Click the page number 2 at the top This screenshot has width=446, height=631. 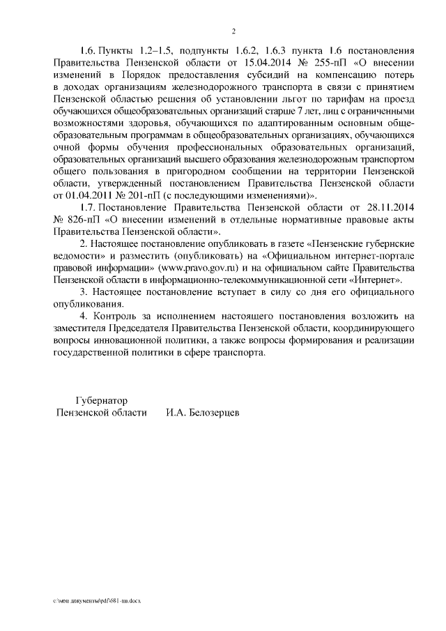234,31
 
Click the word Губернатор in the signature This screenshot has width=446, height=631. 102,401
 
